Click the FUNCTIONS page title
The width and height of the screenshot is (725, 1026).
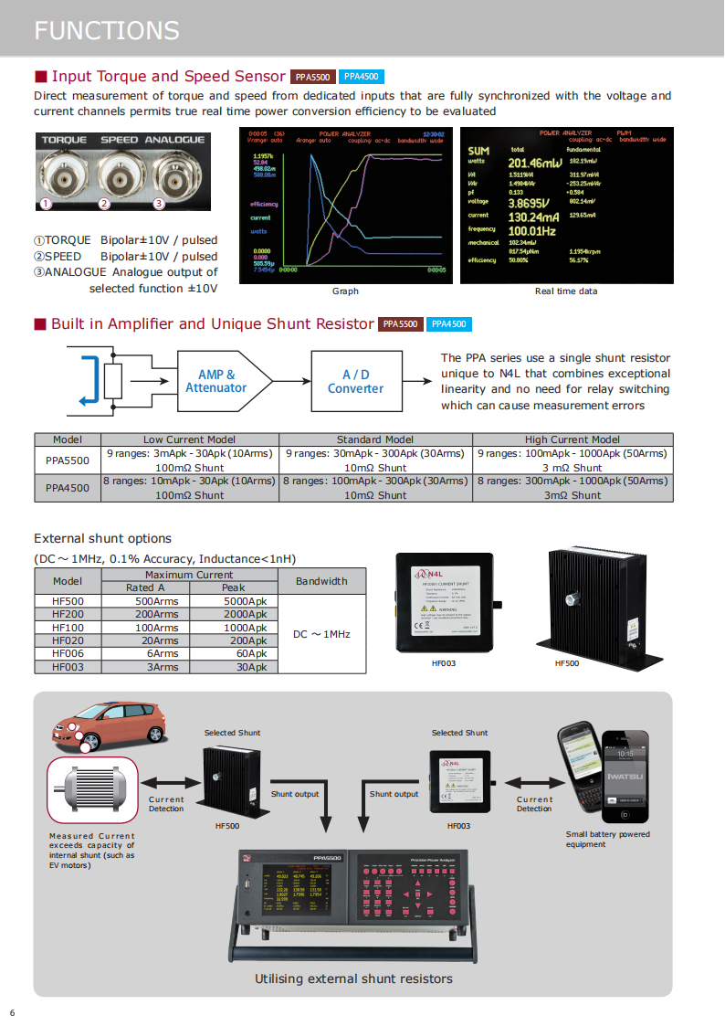coord(107,30)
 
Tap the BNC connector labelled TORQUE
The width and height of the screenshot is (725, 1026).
coord(62,172)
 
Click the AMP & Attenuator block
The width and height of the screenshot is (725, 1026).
coord(217,381)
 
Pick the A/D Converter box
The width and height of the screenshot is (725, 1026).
coord(355,381)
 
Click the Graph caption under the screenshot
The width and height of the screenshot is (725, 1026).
coord(345,291)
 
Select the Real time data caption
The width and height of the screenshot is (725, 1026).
coord(566,291)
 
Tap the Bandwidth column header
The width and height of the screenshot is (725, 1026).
coord(321,580)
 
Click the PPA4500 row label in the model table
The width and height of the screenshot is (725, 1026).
coord(68,488)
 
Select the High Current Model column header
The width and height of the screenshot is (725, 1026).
coord(573,439)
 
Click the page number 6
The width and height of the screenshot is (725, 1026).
coord(13,1012)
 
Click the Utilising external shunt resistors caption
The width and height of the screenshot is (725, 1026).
coord(353,978)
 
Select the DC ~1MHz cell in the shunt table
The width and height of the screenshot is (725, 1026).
coord(321,634)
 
